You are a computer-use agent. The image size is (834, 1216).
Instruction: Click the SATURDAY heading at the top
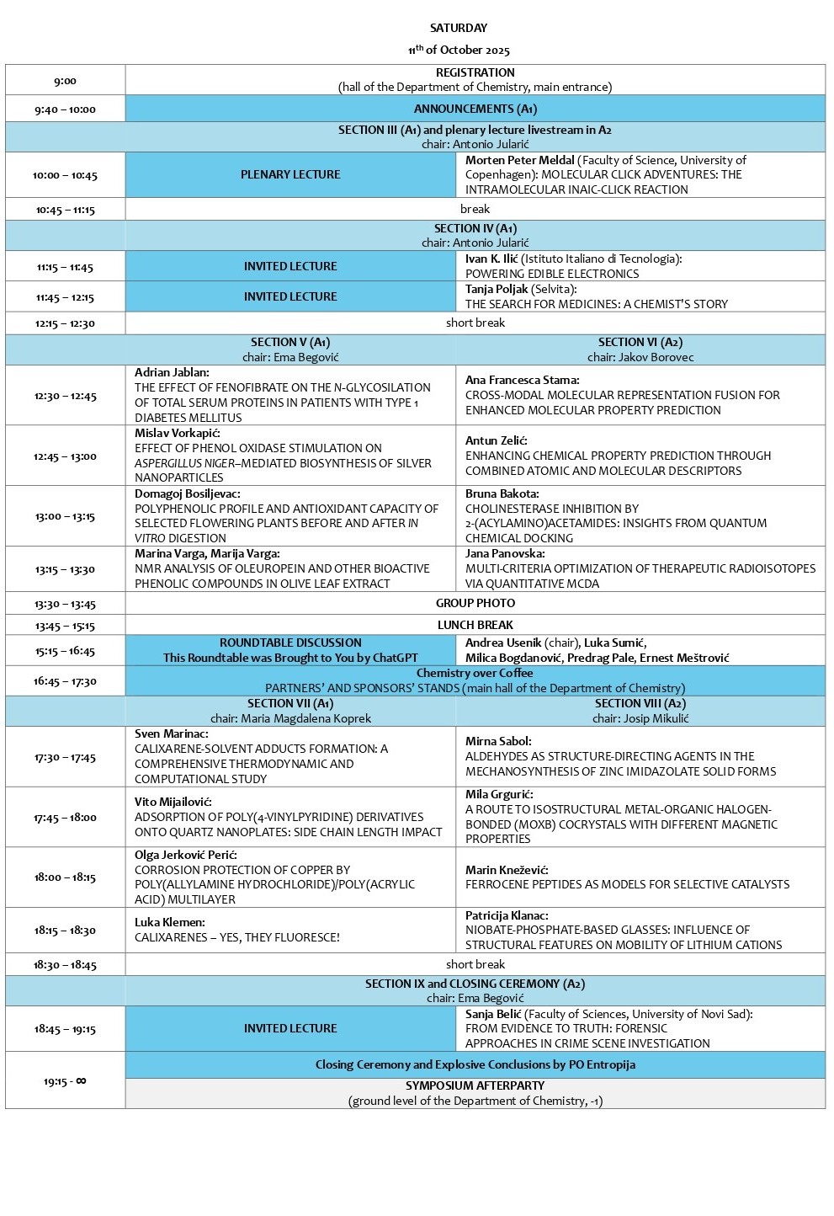(458, 28)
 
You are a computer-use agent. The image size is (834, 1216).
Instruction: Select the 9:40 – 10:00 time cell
(65, 109)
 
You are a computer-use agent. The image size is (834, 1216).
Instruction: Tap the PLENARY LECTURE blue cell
(290, 174)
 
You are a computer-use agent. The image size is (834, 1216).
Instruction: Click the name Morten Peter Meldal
(519, 160)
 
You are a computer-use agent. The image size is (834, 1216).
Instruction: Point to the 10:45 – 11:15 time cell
(65, 210)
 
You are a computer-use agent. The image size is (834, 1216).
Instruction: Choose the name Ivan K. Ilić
(491, 259)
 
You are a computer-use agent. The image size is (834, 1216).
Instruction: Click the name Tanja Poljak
(497, 289)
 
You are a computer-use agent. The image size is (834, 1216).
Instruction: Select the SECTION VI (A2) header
(640, 342)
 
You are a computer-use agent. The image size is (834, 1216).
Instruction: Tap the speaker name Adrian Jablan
(172, 372)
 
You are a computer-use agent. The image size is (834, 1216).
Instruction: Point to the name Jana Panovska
(505, 553)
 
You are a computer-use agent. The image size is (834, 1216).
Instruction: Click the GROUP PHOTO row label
(475, 603)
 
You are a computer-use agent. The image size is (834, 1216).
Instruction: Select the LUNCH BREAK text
(475, 625)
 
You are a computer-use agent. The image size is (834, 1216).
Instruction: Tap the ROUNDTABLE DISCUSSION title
(290, 643)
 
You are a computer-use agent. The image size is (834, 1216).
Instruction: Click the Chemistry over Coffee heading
(475, 673)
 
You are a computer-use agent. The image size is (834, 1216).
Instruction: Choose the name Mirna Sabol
(498, 741)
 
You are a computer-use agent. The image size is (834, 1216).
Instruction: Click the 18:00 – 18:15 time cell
(65, 877)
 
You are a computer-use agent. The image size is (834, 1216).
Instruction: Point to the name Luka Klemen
(169, 922)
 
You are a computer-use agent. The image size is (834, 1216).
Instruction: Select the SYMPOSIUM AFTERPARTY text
(475, 1085)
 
